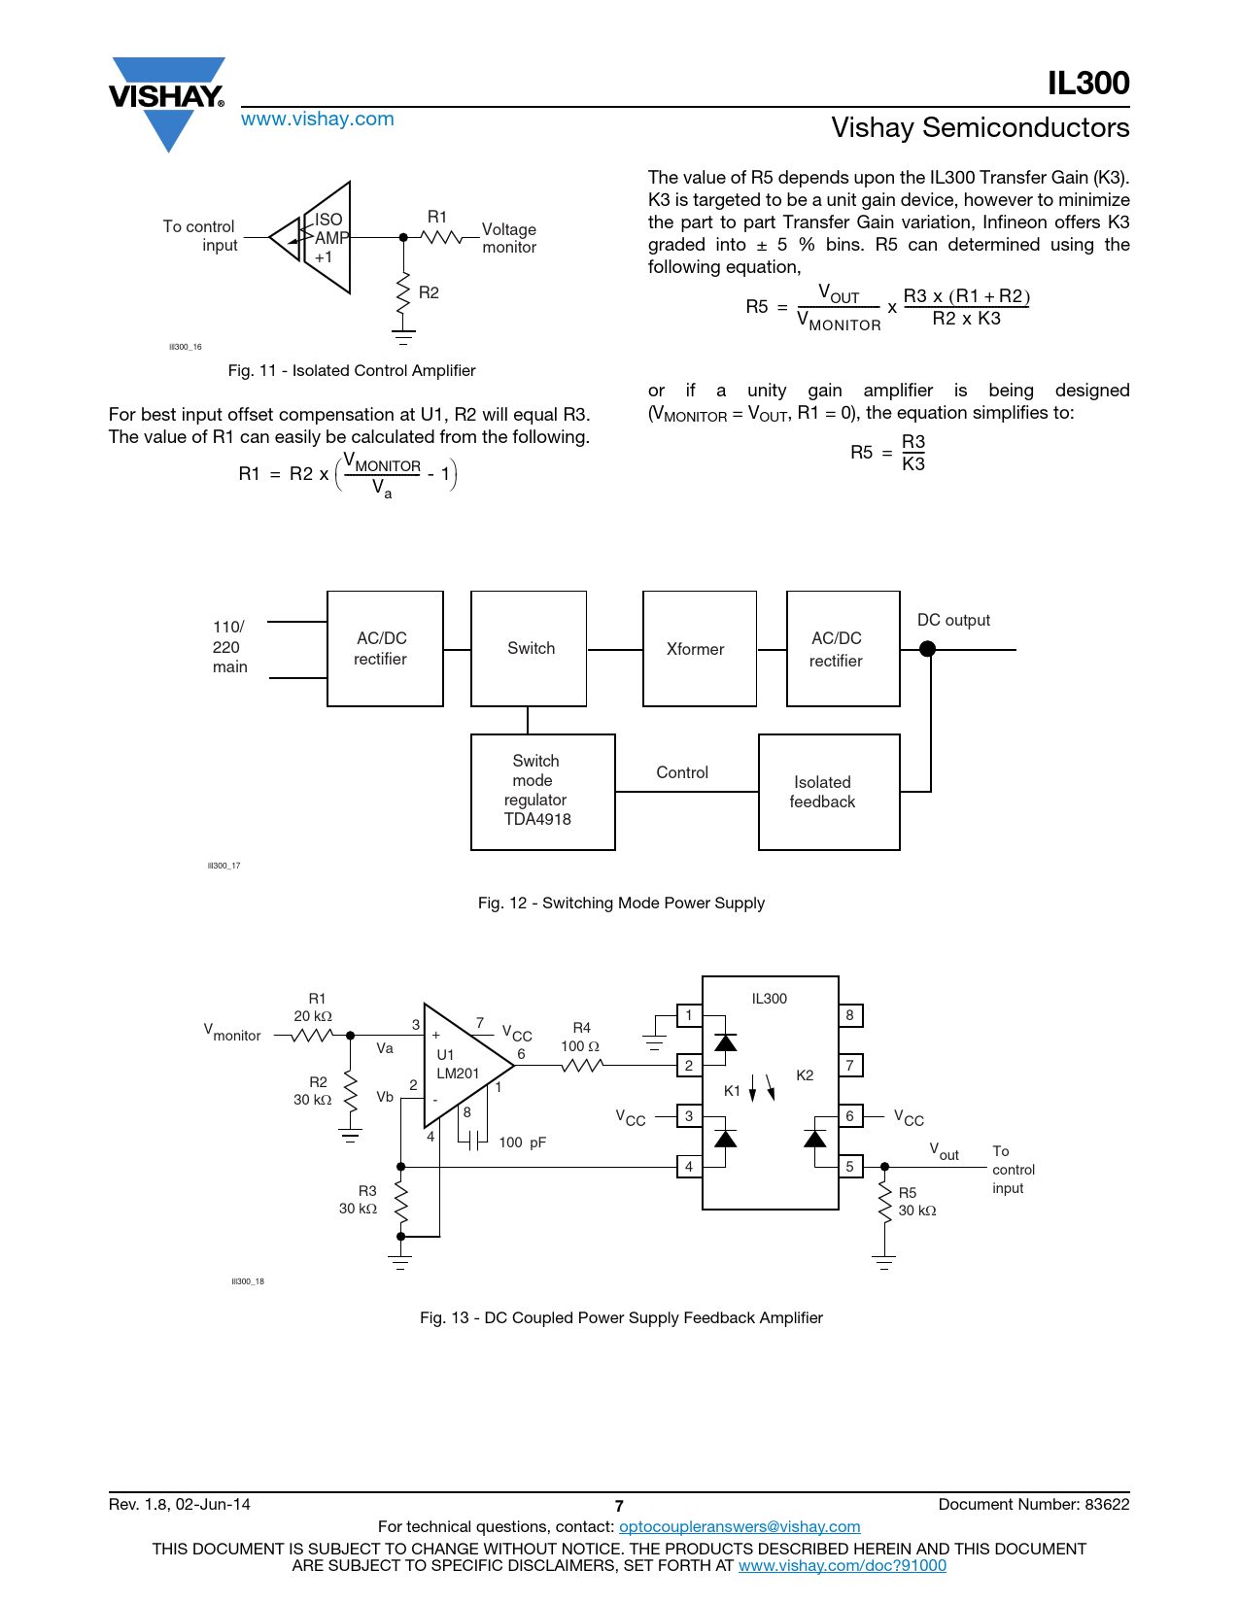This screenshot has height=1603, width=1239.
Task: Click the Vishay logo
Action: (167, 98)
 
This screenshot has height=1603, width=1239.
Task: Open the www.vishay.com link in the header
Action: (317, 119)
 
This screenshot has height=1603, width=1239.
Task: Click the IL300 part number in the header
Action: (1087, 84)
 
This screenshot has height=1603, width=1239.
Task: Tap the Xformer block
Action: (699, 649)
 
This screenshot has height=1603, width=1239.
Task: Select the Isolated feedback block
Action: (828, 792)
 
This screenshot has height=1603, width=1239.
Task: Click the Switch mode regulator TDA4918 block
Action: (542, 792)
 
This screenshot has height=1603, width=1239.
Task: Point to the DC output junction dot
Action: (927, 649)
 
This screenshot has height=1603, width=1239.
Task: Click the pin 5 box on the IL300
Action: (849, 1166)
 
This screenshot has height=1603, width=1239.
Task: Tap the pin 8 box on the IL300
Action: (849, 1015)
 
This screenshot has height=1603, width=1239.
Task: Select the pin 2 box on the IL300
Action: (689, 1066)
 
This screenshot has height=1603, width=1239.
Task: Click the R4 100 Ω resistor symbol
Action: (582, 1066)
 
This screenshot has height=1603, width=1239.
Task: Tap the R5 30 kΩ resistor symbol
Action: (884, 1202)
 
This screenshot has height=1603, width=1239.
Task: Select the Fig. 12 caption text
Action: (621, 903)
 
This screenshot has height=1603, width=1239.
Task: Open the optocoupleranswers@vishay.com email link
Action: (740, 1526)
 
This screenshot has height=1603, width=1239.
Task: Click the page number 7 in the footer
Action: (619, 1506)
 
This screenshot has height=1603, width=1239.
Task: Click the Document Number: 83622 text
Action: (1033, 1504)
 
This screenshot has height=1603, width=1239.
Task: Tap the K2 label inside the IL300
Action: (805, 1075)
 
